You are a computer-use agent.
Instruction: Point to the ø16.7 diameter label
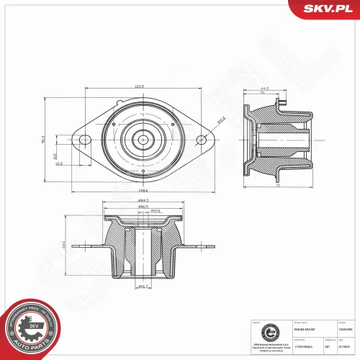coord(143,287)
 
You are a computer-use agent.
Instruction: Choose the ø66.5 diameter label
coord(144,207)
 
